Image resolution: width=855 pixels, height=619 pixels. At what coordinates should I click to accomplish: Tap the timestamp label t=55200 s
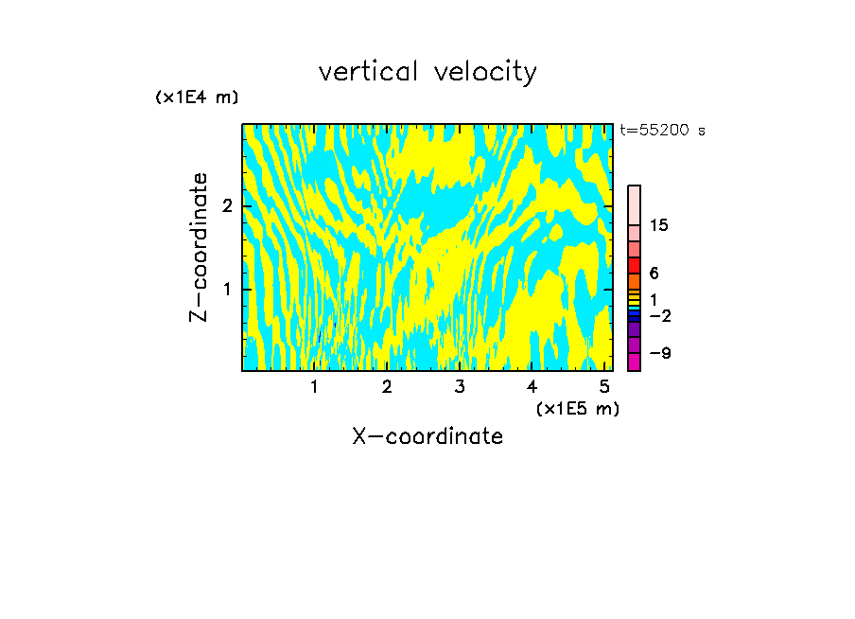(662, 131)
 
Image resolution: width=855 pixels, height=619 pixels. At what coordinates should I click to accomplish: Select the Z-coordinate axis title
(199, 247)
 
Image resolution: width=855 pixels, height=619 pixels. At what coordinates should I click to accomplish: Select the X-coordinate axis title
(427, 436)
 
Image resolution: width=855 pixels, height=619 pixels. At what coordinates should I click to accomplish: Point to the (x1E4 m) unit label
(197, 97)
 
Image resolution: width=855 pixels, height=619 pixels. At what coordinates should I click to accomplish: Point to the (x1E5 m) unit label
(577, 408)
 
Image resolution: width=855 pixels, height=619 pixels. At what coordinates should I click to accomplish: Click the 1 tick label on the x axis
(315, 386)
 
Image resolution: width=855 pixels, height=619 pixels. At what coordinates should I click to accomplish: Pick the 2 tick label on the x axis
(387, 386)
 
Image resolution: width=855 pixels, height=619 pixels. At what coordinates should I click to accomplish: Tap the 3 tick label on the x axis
(460, 386)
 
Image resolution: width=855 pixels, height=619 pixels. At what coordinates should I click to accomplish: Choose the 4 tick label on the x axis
(532, 386)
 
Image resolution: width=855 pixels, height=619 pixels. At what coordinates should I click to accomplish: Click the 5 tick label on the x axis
(604, 386)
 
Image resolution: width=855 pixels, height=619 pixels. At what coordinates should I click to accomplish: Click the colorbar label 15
(659, 225)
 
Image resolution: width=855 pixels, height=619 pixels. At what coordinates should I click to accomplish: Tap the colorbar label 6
(654, 274)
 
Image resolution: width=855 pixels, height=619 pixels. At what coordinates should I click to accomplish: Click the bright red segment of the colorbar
(634, 266)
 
